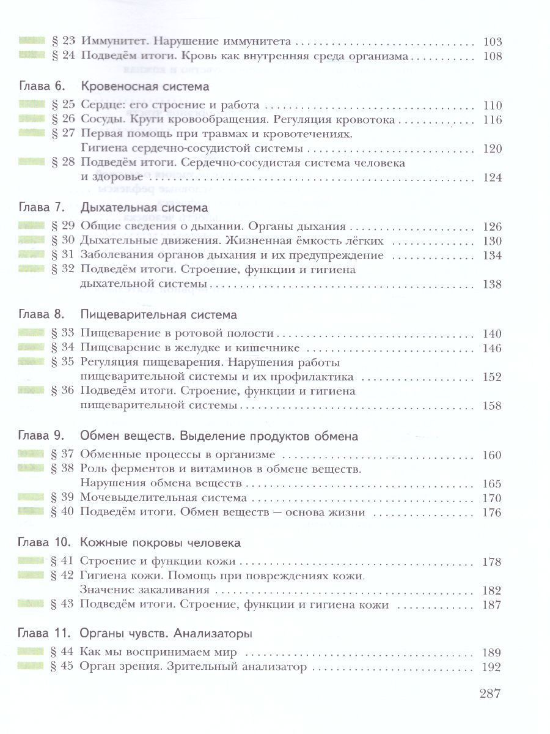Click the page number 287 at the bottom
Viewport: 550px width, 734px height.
(x=490, y=694)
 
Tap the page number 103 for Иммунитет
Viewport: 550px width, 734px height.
(x=491, y=42)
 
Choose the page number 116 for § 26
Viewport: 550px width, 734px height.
(x=491, y=119)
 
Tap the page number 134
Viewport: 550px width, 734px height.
(x=491, y=255)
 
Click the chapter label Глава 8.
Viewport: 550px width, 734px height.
(x=41, y=315)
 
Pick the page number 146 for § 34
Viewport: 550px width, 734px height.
(x=491, y=348)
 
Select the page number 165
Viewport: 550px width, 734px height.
(x=491, y=484)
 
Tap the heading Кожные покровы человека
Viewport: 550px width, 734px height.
(x=160, y=543)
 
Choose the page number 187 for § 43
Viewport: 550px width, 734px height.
(x=491, y=605)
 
